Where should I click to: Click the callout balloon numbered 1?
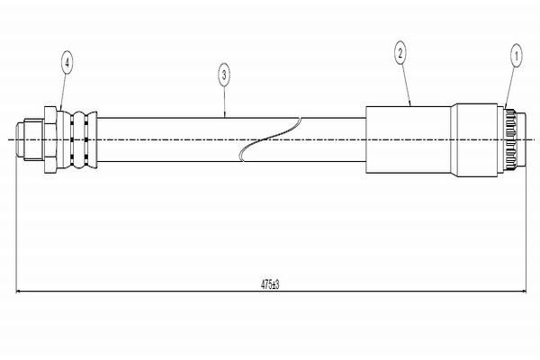coord(516,56)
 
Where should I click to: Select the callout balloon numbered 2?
coord(400,53)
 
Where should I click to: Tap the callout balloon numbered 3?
coord(224,75)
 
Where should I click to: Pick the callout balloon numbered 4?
coord(67,63)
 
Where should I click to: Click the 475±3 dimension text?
coord(270,284)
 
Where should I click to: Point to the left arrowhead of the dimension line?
coord(19,292)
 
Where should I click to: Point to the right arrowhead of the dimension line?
coord(524,292)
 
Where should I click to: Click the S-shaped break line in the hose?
coord(270,139)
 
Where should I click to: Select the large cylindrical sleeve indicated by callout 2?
coord(409,139)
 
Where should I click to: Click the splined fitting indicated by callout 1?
coord(509,139)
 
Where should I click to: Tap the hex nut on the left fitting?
coord(50,139)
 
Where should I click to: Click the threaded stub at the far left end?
coord(30,139)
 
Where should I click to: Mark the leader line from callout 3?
coord(224,102)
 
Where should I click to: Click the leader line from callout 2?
coord(406,85)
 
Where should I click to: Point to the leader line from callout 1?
coord(510,87)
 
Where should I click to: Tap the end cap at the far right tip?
coord(521,139)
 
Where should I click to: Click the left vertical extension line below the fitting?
coord(16,226)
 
